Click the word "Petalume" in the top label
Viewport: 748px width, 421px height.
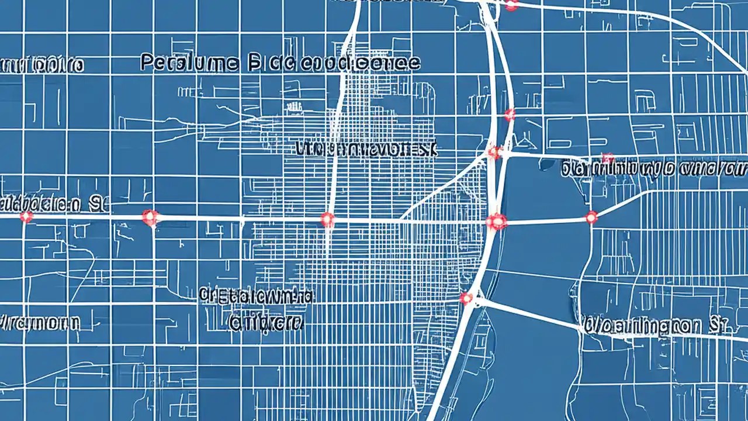coord(189,63)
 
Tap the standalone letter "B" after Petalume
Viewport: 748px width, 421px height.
coord(254,63)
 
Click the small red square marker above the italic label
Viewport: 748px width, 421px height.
coord(608,157)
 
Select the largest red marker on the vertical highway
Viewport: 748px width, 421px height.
coord(496,221)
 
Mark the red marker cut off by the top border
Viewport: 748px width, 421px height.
coord(511,5)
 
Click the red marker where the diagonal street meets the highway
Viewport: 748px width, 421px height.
coord(495,152)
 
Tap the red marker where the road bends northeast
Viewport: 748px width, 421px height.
coord(591,218)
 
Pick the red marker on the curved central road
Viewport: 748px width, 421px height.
coord(328,219)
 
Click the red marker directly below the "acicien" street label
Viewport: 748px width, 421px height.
coord(26,217)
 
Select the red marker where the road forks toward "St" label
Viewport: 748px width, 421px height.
coord(466,298)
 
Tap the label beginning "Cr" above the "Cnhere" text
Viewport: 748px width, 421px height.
coord(256,296)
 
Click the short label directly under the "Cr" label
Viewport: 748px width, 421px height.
coord(266,322)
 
